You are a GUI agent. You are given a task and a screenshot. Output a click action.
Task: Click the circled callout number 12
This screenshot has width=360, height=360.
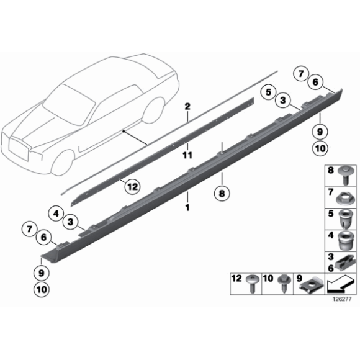coord(131,186)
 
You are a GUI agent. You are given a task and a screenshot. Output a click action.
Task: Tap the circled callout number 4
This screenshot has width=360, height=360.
coord(56,214)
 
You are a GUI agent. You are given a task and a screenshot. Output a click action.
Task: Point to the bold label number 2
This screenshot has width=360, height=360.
coord(187,106)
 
